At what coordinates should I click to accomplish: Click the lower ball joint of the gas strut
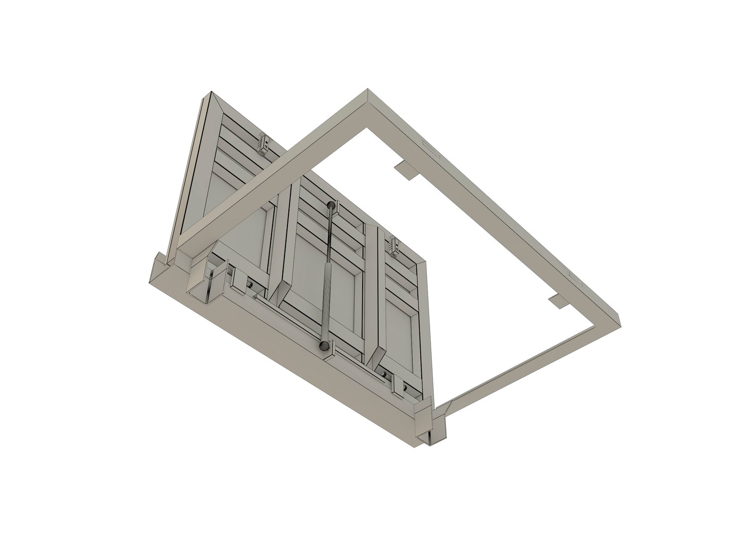324,345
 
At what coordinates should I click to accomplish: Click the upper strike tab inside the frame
407,171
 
